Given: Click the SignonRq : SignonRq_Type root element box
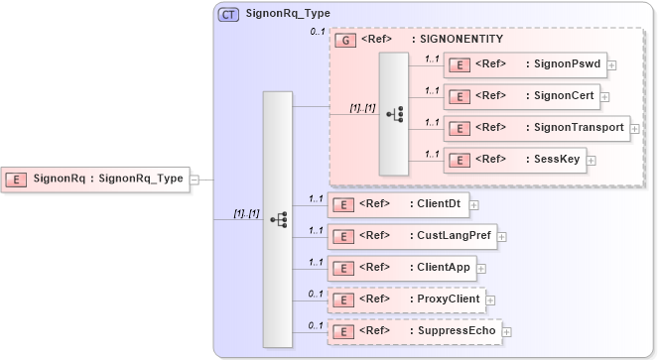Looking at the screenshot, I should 95,180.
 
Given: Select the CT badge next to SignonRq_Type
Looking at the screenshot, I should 228,15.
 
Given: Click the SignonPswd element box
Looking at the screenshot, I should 527,64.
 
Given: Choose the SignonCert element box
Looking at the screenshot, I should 522,96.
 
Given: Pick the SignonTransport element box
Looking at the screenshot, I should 537,128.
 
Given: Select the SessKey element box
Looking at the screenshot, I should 515,159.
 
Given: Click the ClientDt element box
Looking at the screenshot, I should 398,204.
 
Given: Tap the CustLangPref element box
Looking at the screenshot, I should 412,236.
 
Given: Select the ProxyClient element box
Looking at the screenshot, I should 406,299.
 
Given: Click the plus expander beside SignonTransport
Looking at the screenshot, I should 635,128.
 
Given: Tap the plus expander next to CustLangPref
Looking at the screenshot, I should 502,236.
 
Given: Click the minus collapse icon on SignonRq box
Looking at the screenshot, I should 195,180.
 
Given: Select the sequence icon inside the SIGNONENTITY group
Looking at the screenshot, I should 393,113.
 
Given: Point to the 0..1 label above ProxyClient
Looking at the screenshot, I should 316,293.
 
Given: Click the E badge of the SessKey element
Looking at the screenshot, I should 460,160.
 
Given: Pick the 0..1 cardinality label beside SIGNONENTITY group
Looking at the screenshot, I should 318,33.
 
